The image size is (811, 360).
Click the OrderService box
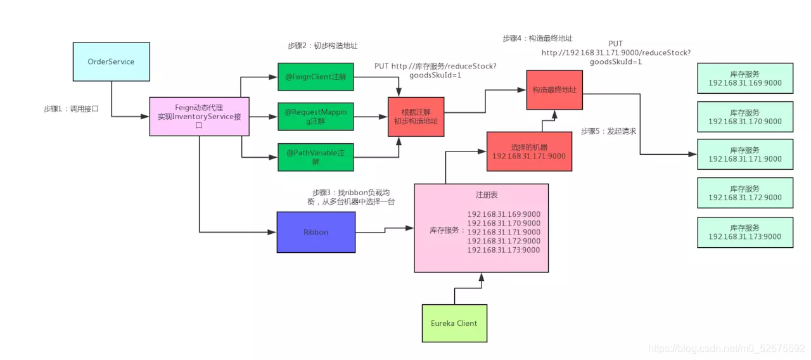(x=112, y=61)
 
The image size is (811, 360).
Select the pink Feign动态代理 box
(x=200, y=116)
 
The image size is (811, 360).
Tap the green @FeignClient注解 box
(x=316, y=77)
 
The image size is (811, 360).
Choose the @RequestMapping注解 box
(x=316, y=116)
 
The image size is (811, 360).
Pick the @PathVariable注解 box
(x=316, y=157)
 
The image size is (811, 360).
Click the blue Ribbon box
(x=316, y=232)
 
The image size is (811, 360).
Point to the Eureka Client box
(x=454, y=323)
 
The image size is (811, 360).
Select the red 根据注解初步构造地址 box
(x=416, y=117)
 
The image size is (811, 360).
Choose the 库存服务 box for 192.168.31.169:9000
(x=744, y=79)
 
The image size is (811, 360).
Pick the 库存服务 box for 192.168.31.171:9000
(x=744, y=155)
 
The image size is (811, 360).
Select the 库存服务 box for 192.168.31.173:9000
(x=744, y=232)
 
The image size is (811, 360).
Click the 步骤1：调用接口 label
(x=71, y=109)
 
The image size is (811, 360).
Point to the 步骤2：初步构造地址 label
(x=322, y=46)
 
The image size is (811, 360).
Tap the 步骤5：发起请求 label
(x=608, y=131)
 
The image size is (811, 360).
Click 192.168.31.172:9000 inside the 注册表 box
(x=504, y=241)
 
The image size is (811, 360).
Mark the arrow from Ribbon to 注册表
(x=385, y=229)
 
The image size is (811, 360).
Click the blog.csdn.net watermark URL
(x=727, y=348)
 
